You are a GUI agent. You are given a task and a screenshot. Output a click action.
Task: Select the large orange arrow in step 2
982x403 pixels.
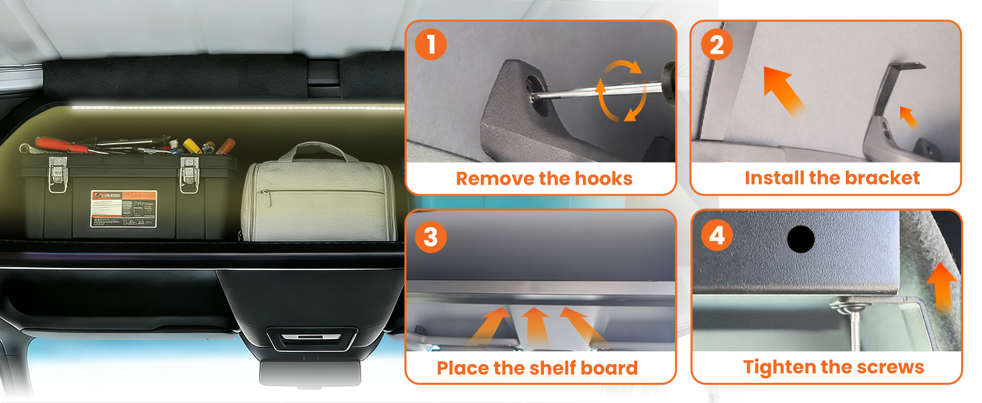(x=783, y=91)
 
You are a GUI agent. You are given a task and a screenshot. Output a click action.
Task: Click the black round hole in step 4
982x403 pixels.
(x=800, y=239)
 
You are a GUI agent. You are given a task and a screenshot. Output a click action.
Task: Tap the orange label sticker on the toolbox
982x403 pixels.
(x=124, y=208)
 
